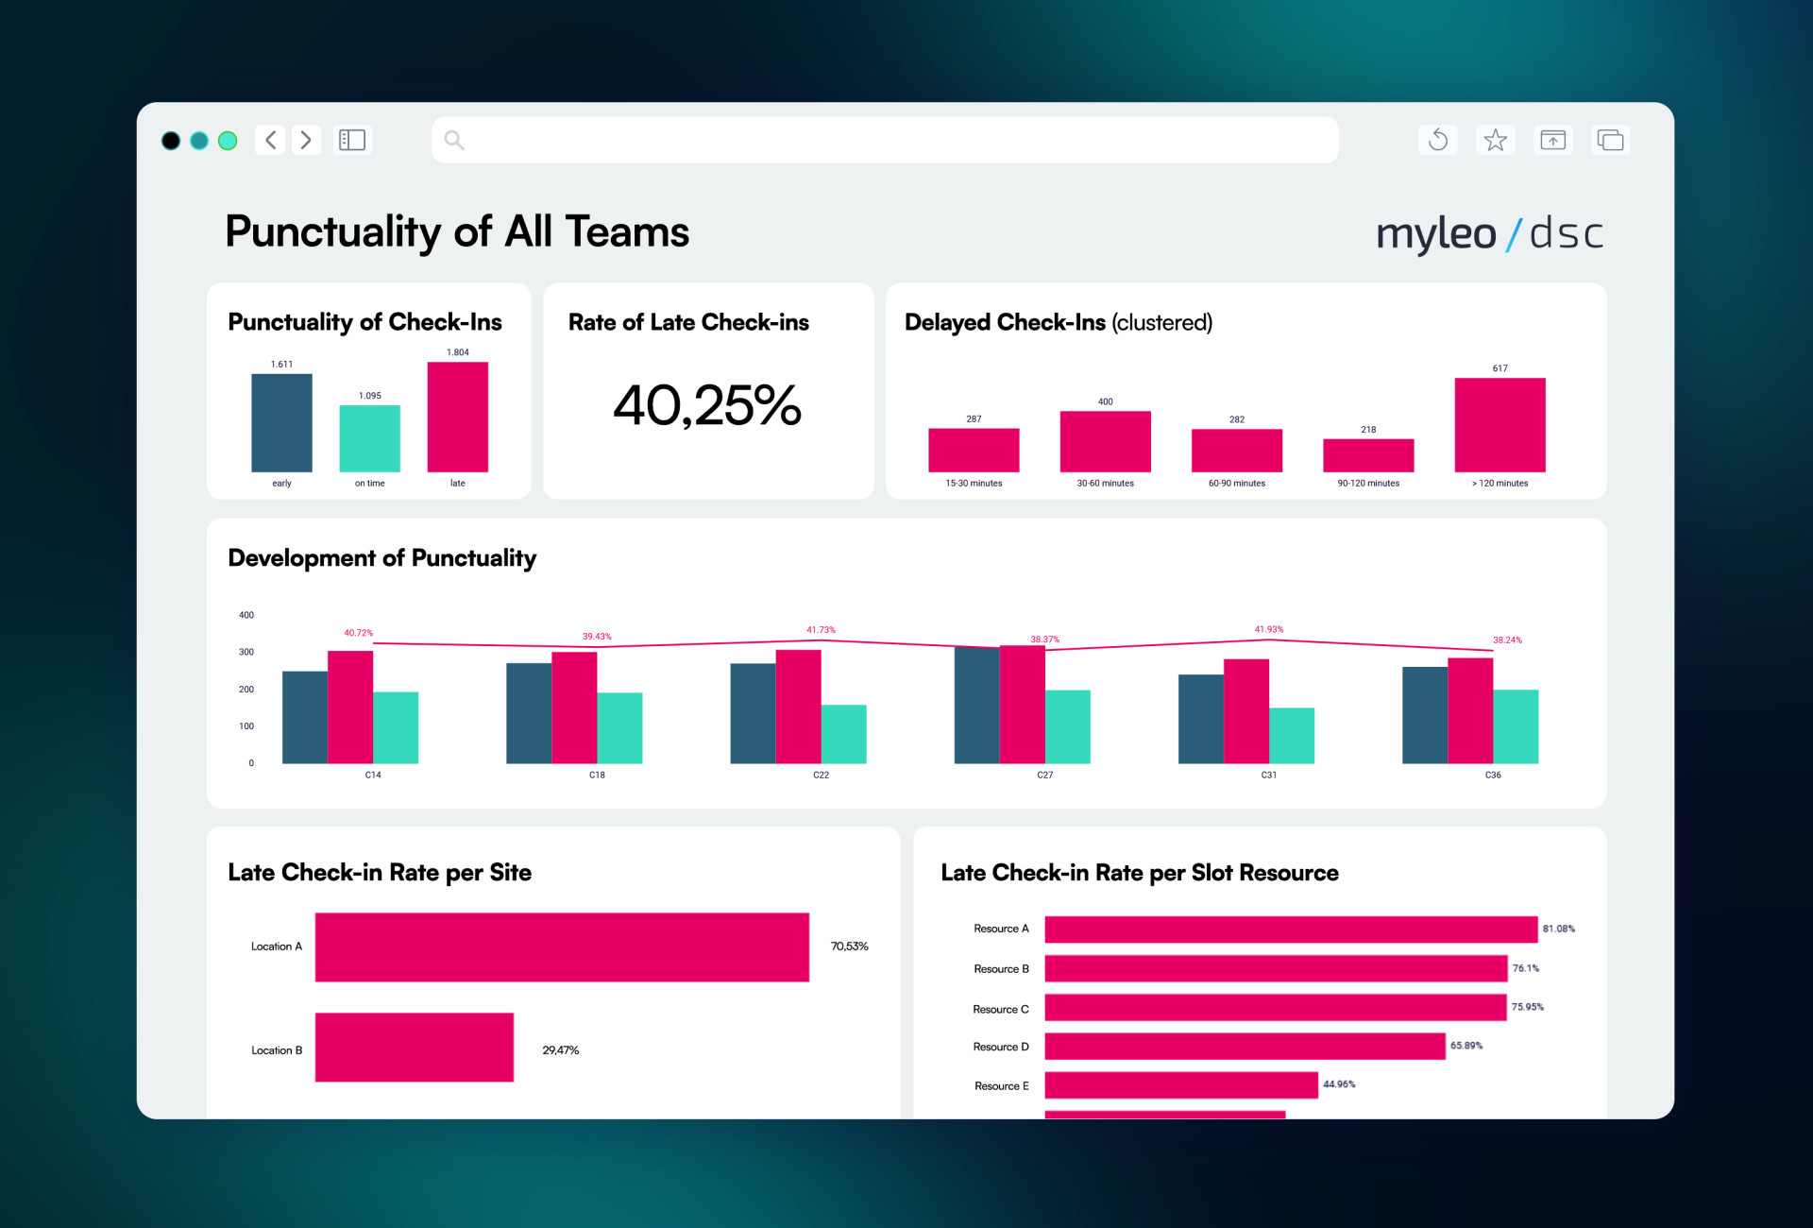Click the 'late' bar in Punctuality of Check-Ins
pos(457,417)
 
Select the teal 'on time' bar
pos(369,438)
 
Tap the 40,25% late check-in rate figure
pos(707,405)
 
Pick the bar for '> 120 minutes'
pos(1500,425)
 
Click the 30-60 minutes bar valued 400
pos(1105,441)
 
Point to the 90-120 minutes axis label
pos(1368,484)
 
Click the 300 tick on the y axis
pos(246,652)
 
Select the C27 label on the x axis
pos(1044,775)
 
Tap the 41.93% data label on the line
pos(1268,629)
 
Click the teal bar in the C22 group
pos(843,734)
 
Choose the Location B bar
pos(414,1047)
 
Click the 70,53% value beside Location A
pos(849,947)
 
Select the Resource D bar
pos(1244,1046)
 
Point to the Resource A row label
pos(1001,929)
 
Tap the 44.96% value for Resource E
pos(1338,1084)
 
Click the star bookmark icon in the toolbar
pos(1495,141)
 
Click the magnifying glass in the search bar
pos(454,141)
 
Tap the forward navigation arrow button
pos(306,141)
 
